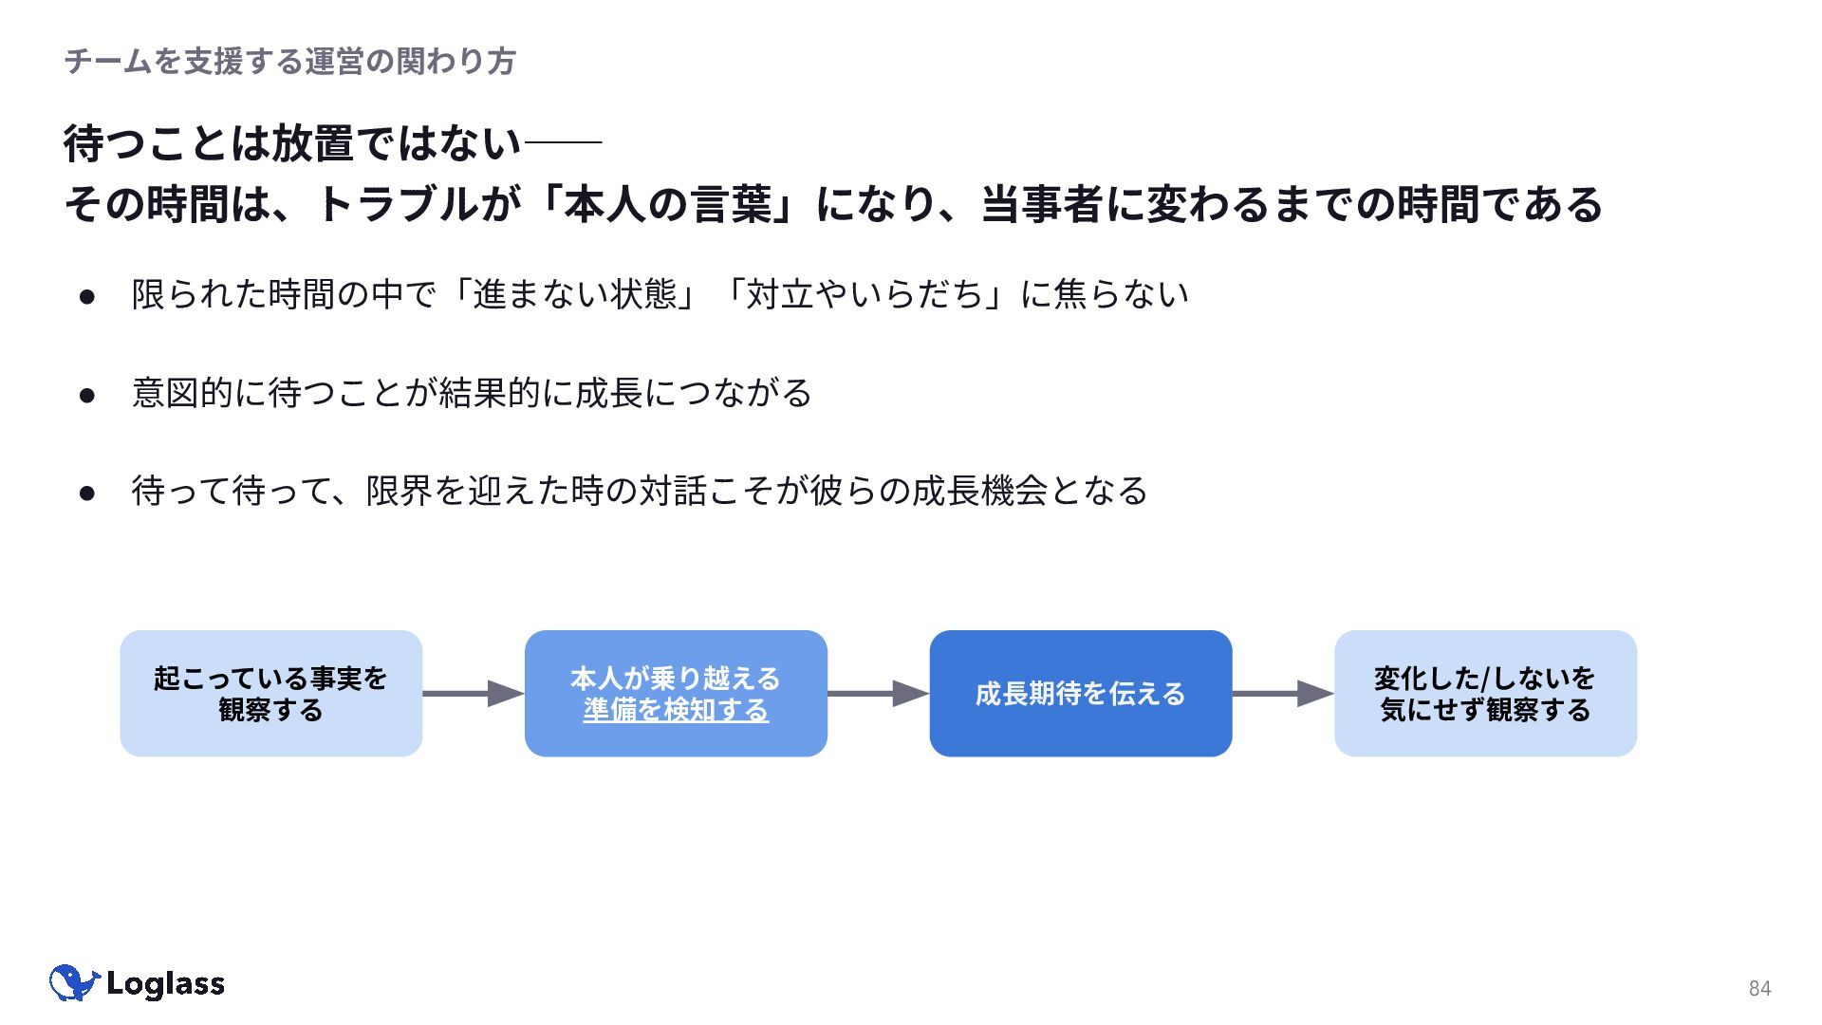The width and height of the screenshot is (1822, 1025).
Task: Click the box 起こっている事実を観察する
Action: pos(271,694)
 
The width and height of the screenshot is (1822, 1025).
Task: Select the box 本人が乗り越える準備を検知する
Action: pos(676,694)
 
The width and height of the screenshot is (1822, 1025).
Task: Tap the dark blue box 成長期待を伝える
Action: pos(1081,694)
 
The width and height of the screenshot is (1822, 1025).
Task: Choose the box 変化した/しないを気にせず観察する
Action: pos(1485,694)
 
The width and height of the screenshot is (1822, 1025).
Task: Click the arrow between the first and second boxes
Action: pos(474,694)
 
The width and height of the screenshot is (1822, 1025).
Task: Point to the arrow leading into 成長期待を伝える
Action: pos(879,694)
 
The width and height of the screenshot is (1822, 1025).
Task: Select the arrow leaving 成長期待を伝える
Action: pos(1283,694)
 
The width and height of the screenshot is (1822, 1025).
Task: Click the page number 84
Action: pos(1759,988)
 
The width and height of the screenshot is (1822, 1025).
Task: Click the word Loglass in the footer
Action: pos(165,984)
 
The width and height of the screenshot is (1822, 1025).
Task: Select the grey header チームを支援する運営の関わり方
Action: pos(290,62)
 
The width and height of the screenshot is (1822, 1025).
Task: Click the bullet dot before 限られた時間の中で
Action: pos(88,296)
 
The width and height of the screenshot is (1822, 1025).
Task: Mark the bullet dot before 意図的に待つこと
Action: pos(88,395)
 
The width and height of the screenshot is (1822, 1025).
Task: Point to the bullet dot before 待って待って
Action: pos(88,493)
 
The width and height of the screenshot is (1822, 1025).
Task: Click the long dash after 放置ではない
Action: pos(563,143)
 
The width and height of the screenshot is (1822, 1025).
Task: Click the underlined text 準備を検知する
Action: pos(676,710)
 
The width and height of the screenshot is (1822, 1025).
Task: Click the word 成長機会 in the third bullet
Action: pos(980,491)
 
